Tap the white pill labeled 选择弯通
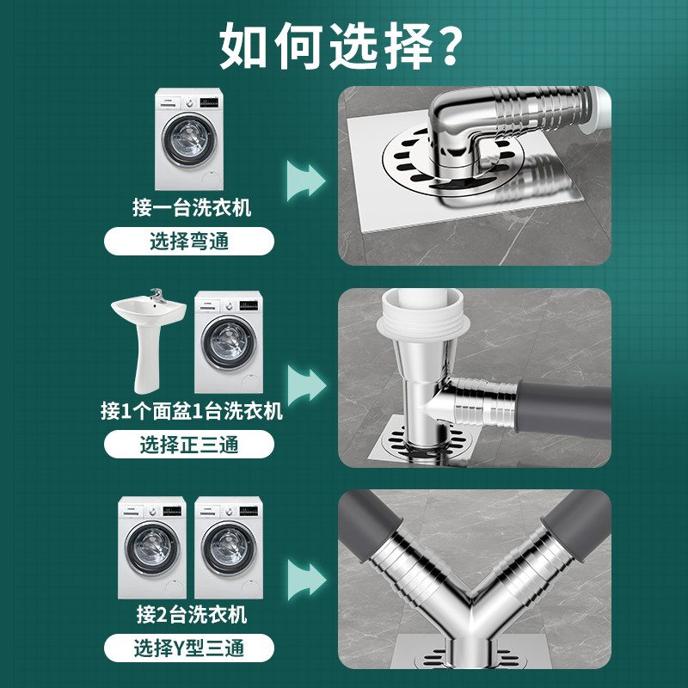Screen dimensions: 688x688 (190, 242)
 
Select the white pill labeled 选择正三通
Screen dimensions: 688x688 (189, 445)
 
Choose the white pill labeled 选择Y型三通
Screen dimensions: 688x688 (189, 647)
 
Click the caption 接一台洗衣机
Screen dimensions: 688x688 (192, 207)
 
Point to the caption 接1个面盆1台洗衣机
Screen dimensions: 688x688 (191, 411)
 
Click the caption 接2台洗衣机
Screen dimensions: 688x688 (191, 614)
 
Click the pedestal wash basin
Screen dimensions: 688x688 (147, 340)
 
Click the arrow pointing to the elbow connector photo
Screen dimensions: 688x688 (306, 179)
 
